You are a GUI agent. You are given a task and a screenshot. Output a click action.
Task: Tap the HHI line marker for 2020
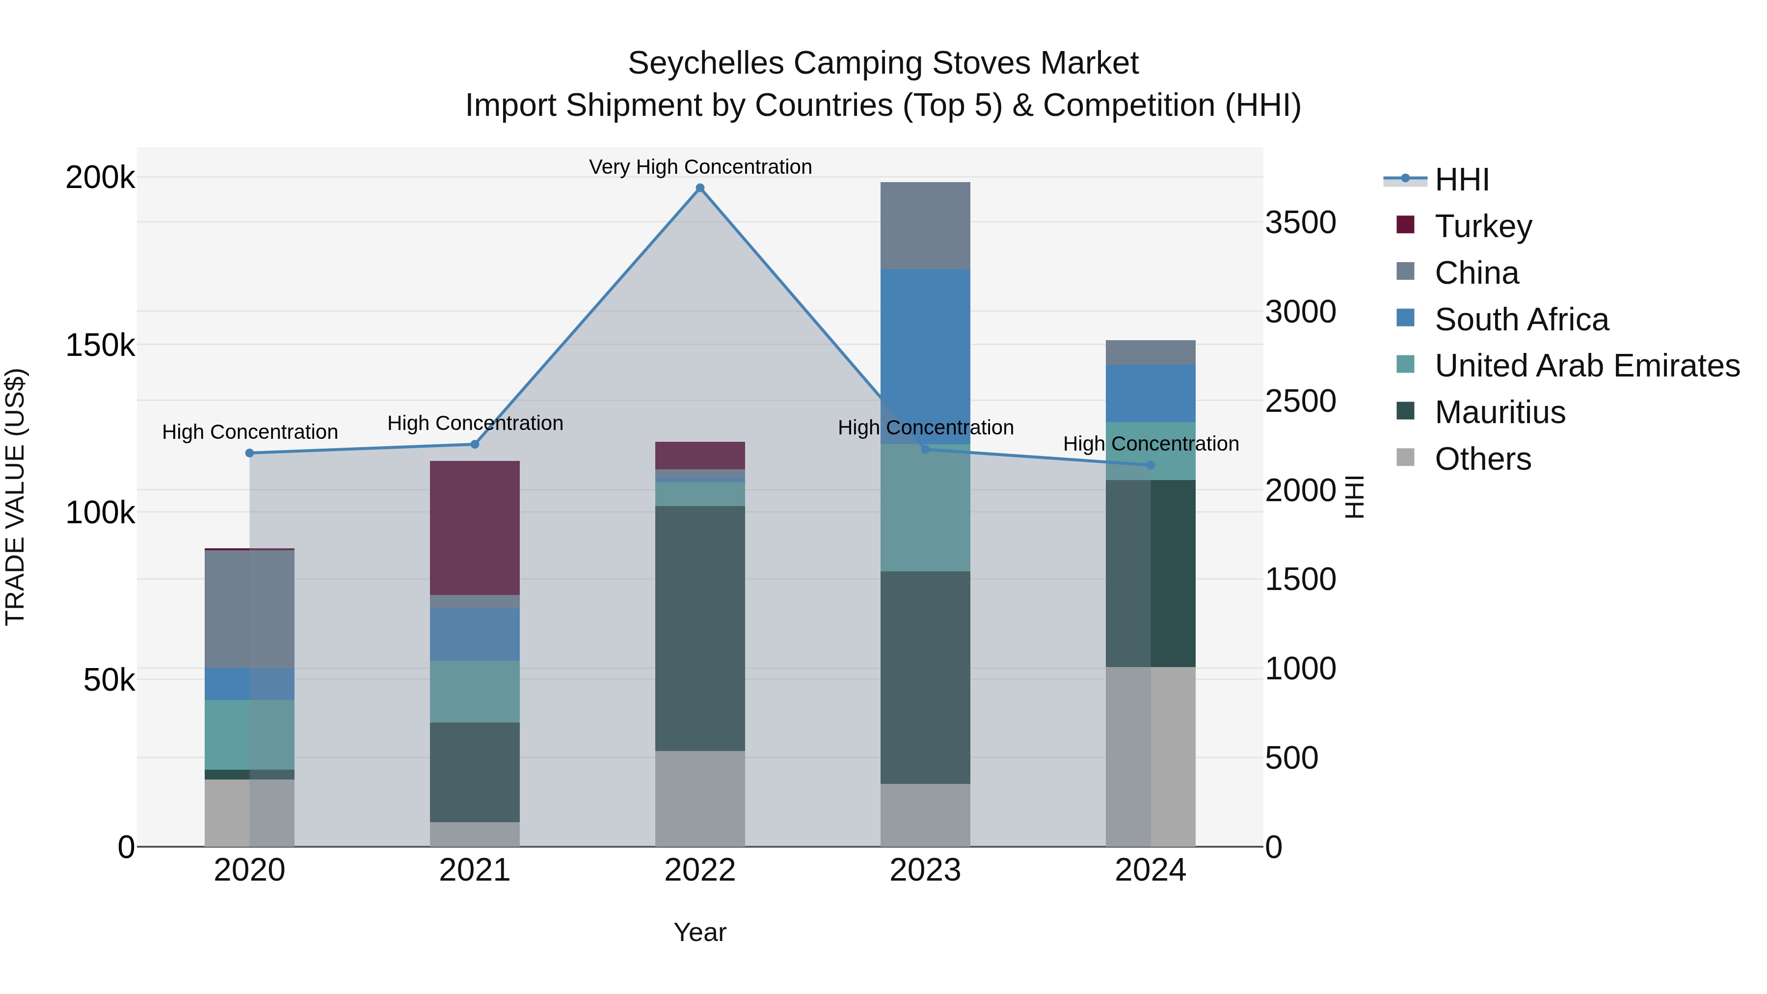250,453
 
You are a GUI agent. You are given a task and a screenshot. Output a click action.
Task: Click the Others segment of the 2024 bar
1151,756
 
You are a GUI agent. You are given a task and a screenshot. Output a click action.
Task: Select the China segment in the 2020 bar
250,609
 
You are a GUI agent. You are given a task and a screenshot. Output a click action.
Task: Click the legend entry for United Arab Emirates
1586,366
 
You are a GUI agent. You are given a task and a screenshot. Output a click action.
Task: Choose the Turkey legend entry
1482,226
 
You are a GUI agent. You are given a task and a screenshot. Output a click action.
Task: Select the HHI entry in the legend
1461,180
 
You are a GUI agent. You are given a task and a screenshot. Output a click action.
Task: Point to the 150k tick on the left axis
100,345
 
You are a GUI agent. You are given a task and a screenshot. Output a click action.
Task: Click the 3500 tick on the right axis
1300,222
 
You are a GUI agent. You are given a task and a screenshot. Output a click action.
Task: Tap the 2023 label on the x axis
925,870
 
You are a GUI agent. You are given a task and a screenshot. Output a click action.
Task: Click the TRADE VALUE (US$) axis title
15,497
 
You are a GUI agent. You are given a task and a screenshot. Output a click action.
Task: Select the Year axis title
699,932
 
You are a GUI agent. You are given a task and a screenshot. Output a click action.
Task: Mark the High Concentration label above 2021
475,423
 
